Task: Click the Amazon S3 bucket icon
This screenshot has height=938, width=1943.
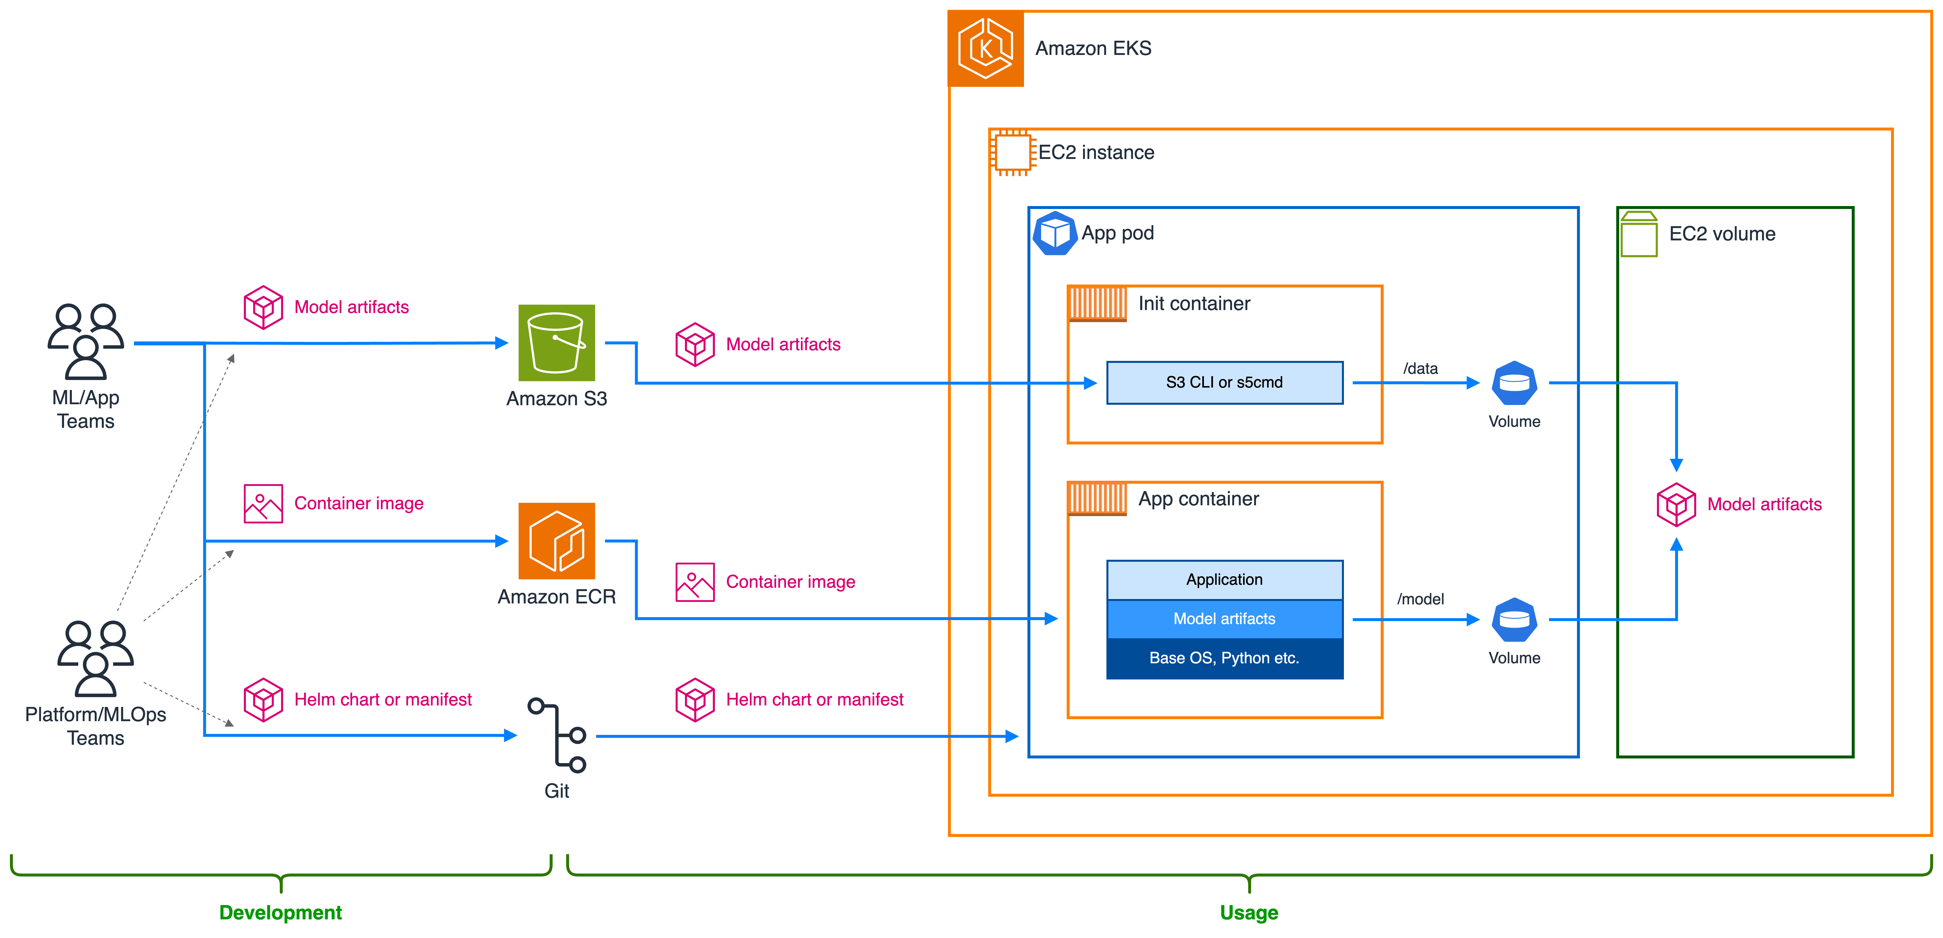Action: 557,343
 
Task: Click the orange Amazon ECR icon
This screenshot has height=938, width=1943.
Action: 557,541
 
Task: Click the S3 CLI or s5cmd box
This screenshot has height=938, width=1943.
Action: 1224,382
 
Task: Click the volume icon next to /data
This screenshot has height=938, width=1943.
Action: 1514,383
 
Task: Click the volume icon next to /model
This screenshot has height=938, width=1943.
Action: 1514,620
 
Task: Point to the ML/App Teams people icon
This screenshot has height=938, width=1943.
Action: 86,341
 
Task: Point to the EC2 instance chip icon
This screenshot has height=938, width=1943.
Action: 1012,152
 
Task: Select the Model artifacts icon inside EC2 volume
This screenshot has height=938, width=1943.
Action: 1676,504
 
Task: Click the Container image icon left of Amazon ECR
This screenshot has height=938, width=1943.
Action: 263,504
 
